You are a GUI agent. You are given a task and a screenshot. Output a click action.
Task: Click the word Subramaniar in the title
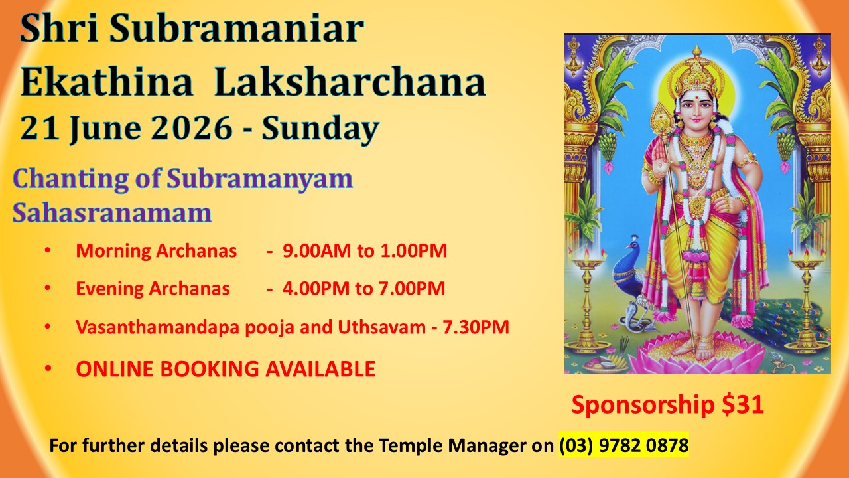237,29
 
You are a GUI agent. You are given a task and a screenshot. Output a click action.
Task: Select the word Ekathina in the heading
107,82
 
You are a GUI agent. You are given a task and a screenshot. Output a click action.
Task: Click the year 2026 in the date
192,128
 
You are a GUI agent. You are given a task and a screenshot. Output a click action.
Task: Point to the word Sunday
320,129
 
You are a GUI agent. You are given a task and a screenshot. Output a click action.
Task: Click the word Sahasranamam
112,213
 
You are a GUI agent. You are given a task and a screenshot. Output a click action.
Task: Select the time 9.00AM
317,251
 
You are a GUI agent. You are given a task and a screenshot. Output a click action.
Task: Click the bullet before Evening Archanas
48,288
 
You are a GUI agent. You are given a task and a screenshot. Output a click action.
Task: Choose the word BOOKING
212,369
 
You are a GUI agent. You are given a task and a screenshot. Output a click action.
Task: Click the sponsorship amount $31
743,404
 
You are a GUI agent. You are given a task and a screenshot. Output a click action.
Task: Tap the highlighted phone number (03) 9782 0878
624,445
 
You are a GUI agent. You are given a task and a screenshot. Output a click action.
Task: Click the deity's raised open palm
659,155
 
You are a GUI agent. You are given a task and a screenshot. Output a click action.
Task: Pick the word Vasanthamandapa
158,327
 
